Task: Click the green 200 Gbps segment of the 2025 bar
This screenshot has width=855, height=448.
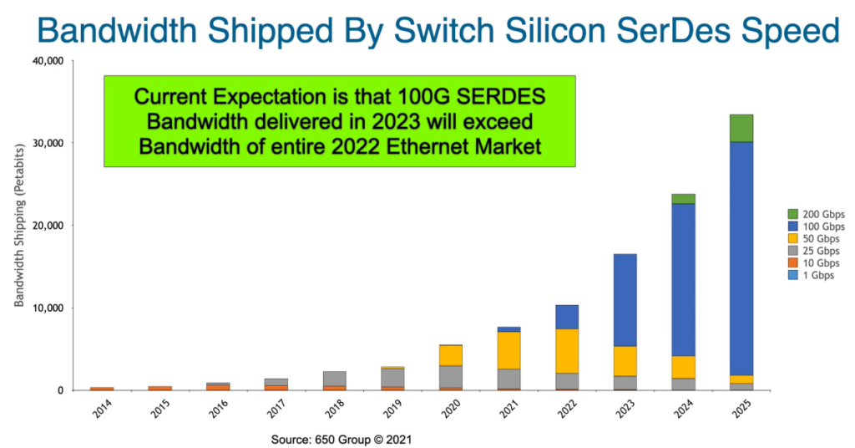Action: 741,128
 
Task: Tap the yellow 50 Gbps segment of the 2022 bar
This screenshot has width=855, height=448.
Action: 566,350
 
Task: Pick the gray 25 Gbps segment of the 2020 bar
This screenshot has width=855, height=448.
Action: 450,376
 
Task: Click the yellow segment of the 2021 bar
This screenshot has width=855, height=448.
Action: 508,350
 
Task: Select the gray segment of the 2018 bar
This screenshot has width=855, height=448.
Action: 334,379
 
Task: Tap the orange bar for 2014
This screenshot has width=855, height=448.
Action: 102,388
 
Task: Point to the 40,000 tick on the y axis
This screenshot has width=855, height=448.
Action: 48,61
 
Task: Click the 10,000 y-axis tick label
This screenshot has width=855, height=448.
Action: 48,308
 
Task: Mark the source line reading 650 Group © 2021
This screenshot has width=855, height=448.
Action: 341,438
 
